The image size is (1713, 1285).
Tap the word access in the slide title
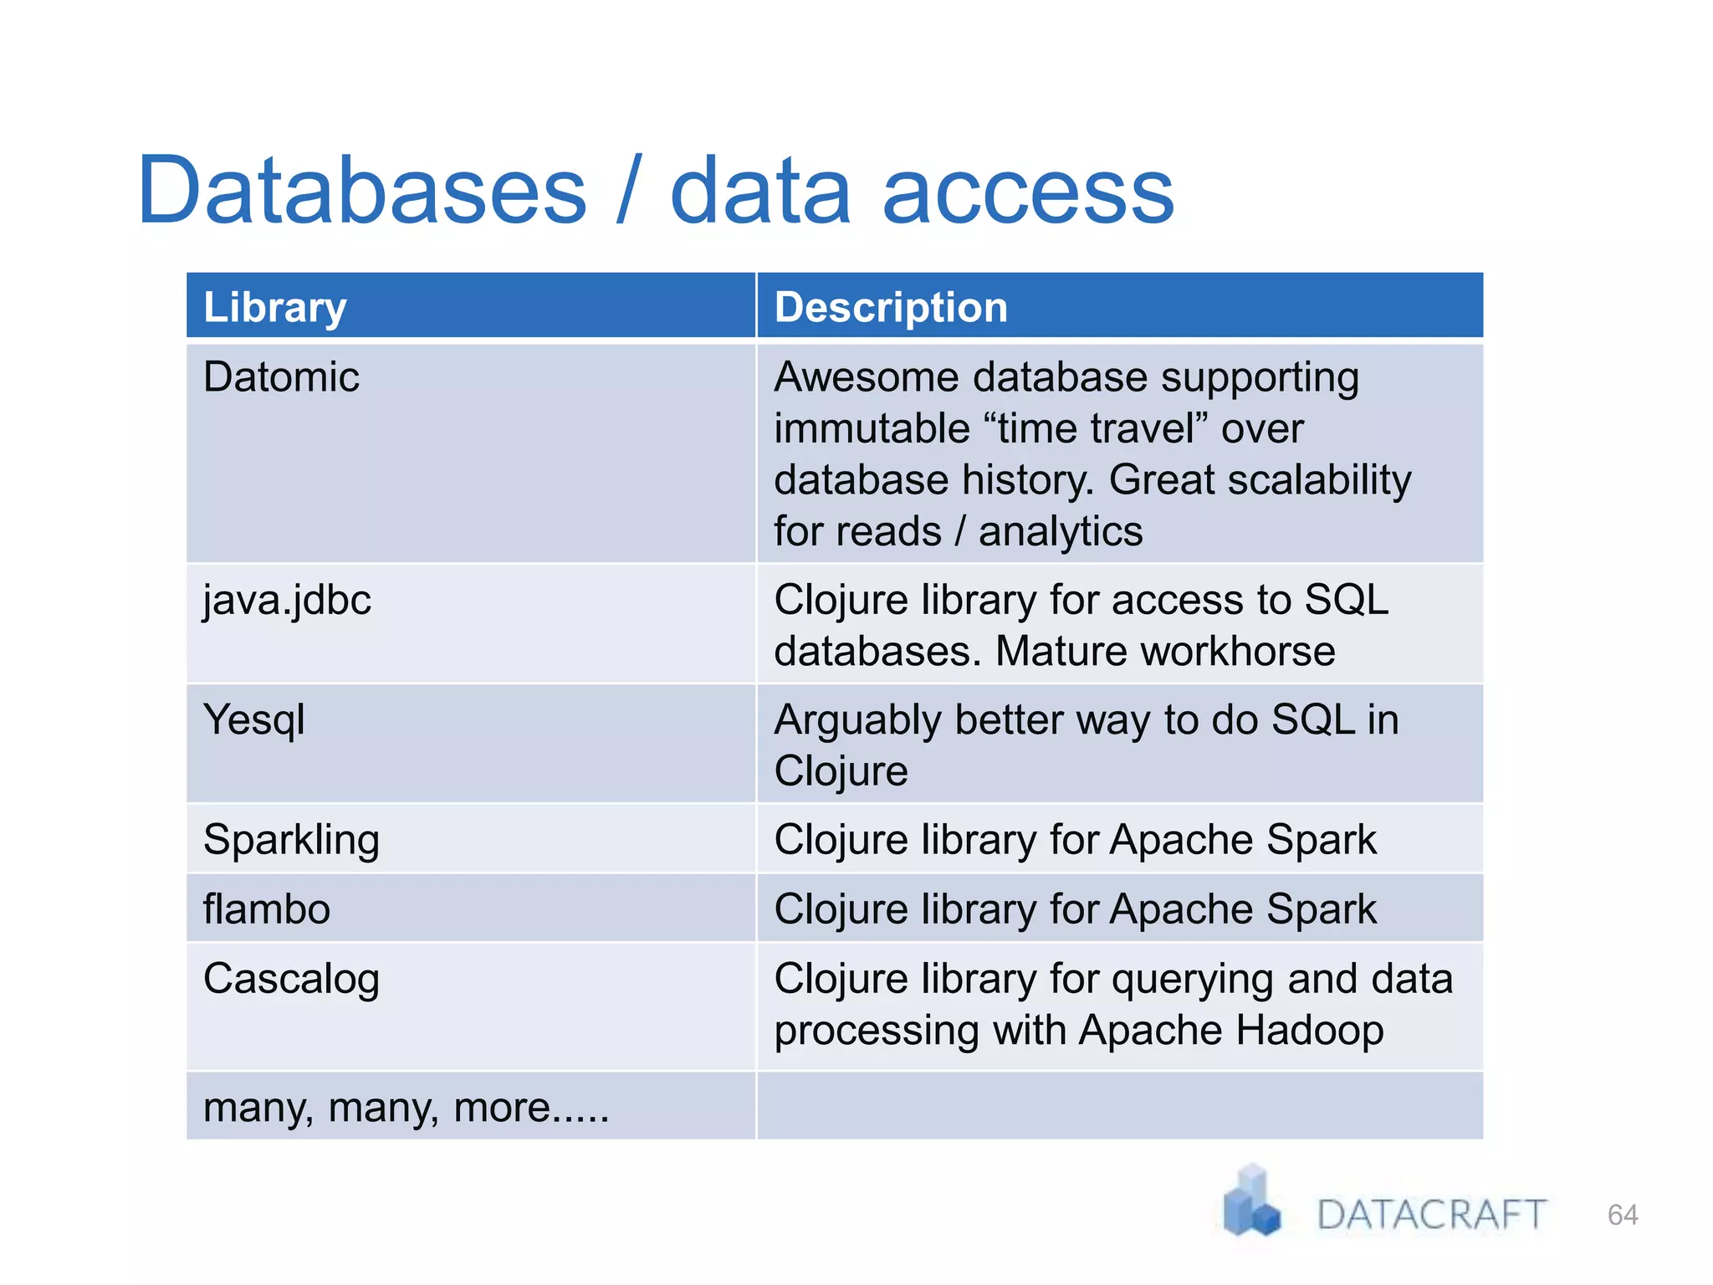[x=1028, y=192]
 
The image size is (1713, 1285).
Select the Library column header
[x=274, y=307]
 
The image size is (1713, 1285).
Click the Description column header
[x=891, y=307]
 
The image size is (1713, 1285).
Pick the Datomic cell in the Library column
[x=281, y=376]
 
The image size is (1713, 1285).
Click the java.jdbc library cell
[x=287, y=601]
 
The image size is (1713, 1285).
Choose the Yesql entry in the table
[x=254, y=720]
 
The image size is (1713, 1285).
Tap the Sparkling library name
[x=291, y=840]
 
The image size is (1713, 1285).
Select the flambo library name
[x=267, y=909]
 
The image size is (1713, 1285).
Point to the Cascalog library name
[x=291, y=980]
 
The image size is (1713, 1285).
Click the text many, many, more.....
[x=406, y=1108]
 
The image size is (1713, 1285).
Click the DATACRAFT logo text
[x=1431, y=1215]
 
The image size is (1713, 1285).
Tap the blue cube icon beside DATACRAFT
[x=1251, y=1203]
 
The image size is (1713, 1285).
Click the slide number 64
[x=1623, y=1215]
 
